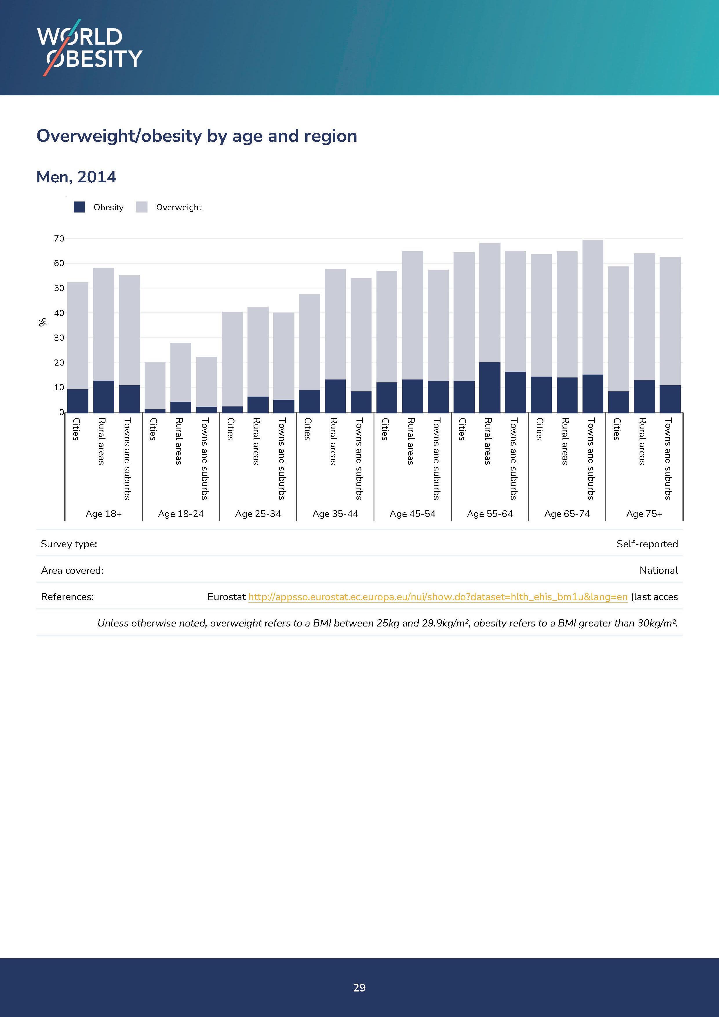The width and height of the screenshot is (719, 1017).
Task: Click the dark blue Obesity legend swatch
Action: coord(79,207)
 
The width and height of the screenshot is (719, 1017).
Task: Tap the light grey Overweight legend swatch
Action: coord(142,207)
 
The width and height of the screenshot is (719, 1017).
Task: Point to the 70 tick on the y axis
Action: coord(59,239)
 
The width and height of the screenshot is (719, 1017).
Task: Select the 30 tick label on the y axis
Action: coord(59,338)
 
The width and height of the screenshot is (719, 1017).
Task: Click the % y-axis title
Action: coord(43,322)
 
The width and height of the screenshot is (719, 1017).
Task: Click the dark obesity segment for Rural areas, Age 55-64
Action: coord(490,387)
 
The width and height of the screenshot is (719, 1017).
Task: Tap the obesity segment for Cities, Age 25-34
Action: coord(232,409)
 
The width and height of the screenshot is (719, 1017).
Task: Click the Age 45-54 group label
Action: coord(412,514)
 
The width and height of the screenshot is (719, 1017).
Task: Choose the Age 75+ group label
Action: coord(644,514)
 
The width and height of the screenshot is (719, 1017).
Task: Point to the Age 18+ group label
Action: coord(103,514)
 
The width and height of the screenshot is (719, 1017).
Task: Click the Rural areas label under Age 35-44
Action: coord(333,441)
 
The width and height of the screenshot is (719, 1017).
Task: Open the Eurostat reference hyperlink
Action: coord(438,597)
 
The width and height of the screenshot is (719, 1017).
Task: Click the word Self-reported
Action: coord(647,544)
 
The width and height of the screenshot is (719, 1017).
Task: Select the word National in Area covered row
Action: coord(658,571)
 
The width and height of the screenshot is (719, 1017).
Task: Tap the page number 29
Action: coord(359,987)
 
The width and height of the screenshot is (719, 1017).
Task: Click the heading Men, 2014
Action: coord(76,177)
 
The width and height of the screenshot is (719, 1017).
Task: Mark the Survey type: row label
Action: coord(69,544)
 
